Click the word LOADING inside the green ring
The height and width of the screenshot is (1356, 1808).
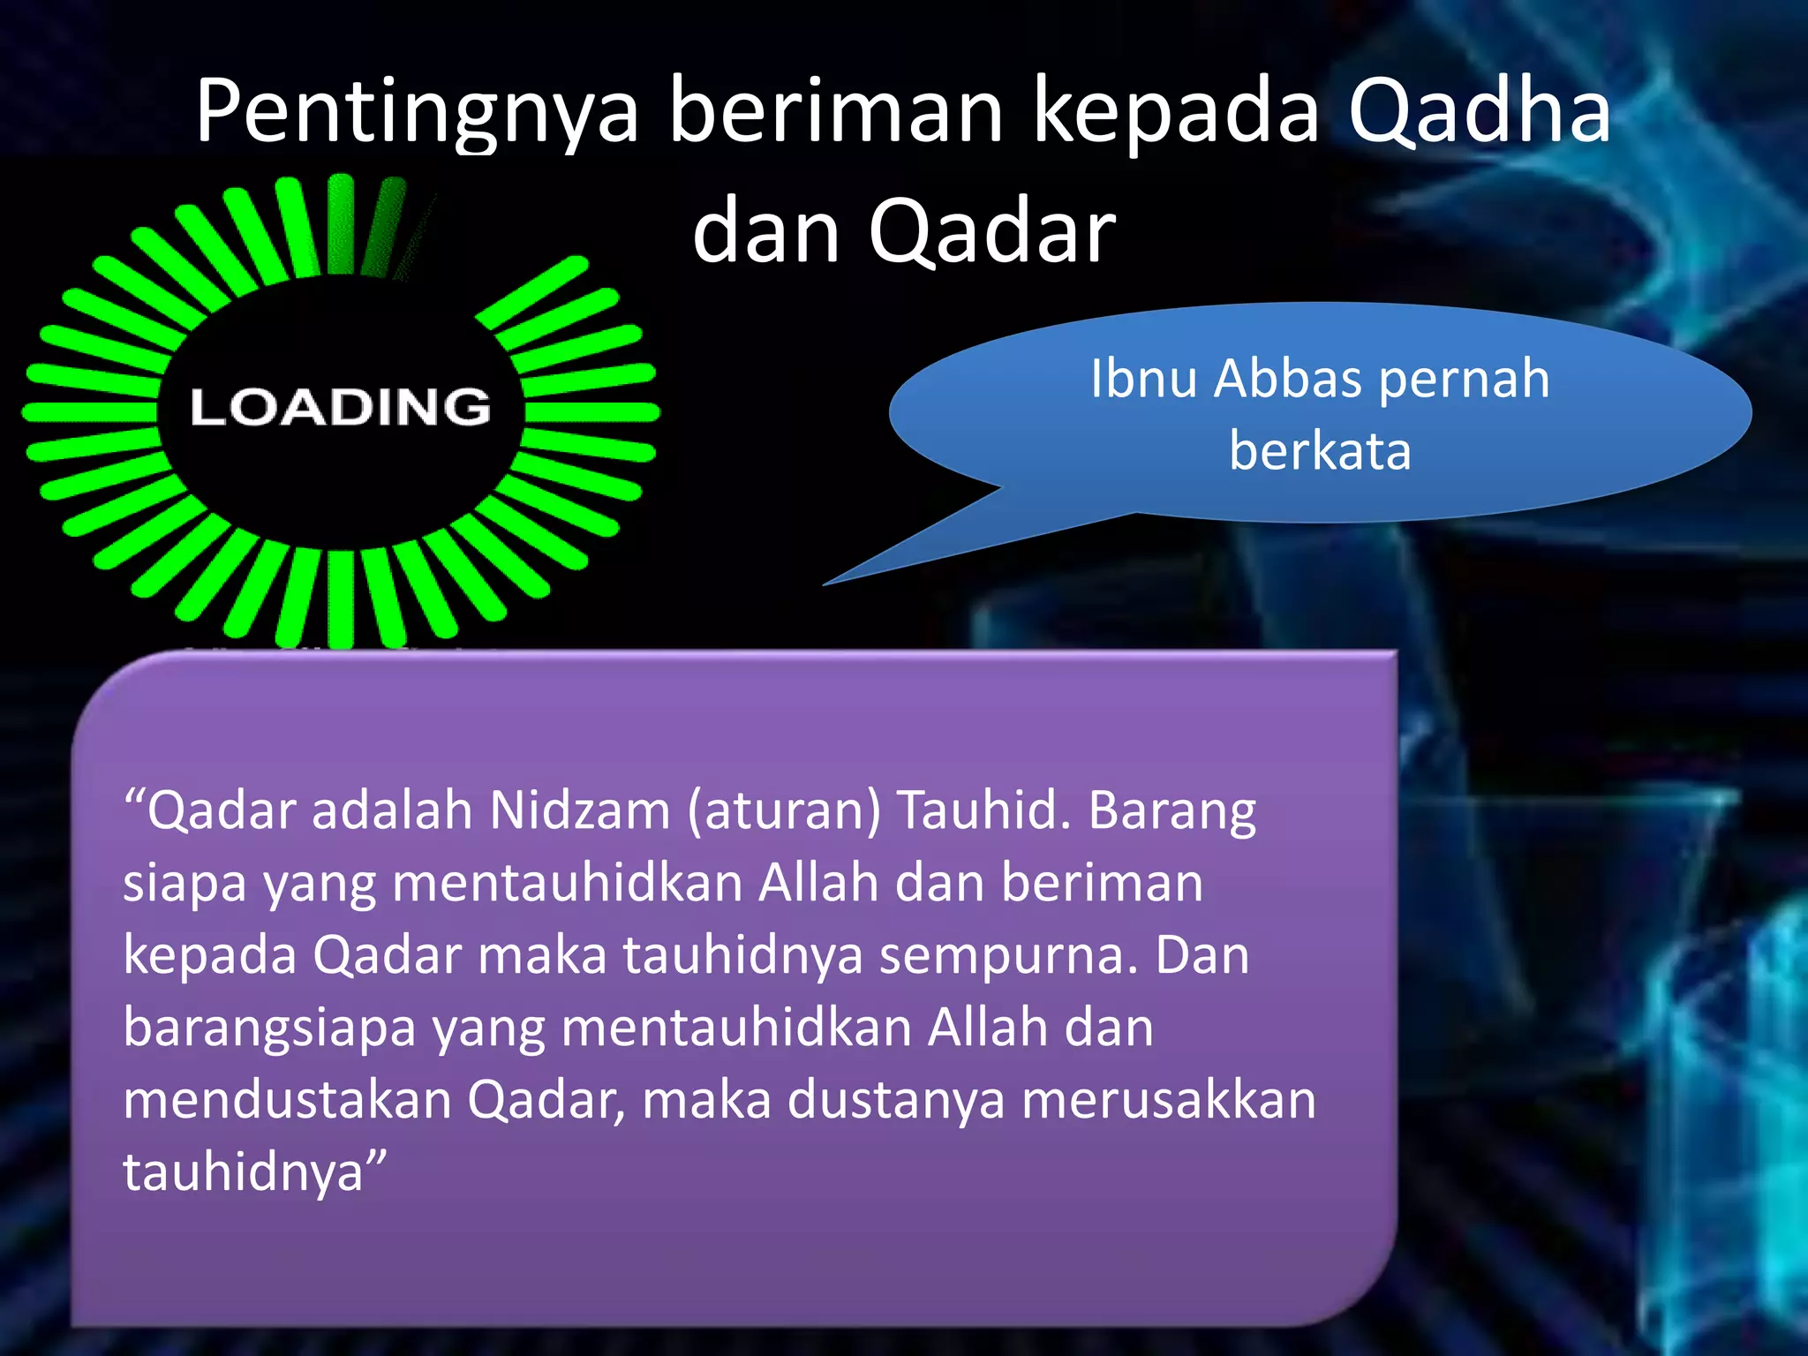tap(341, 408)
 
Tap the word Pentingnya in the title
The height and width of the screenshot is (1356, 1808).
tap(416, 113)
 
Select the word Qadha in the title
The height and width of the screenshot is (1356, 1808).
tap(1479, 111)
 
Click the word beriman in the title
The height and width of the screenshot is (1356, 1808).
tap(835, 111)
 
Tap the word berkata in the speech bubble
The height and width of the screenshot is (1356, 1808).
tap(1320, 451)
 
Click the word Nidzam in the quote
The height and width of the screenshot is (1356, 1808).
tap(579, 810)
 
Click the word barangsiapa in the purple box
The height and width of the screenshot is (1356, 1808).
tap(269, 1029)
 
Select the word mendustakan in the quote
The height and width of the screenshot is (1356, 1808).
tap(287, 1101)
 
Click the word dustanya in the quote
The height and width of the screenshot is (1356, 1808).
tap(896, 1101)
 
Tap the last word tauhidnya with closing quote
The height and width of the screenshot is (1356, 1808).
tap(254, 1173)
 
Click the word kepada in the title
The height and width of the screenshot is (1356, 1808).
tap(1175, 113)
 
